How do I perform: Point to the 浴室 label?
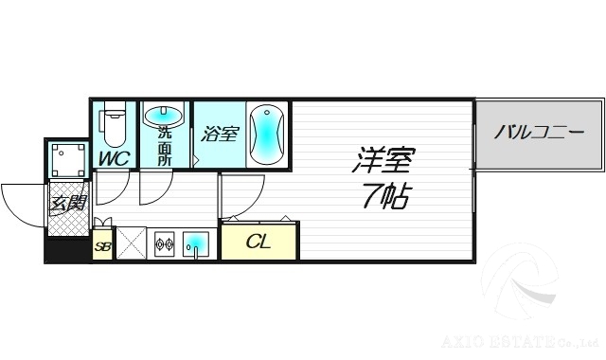[220, 134]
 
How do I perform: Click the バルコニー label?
[538, 132]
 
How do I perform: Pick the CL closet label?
[258, 242]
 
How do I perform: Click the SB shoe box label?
[102, 247]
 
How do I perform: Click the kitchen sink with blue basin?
[197, 243]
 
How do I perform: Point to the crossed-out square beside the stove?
[130, 243]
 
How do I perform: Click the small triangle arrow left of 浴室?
[196, 159]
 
